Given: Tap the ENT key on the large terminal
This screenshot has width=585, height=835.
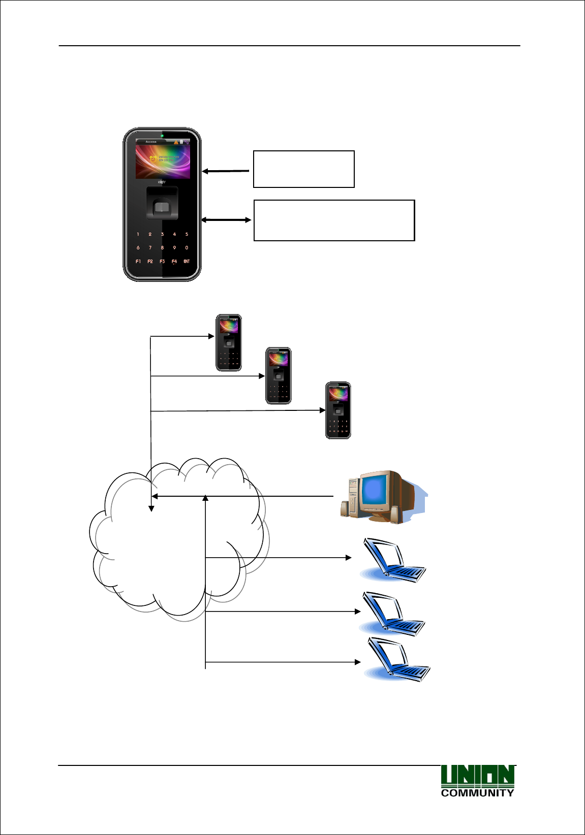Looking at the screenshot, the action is (x=187, y=262).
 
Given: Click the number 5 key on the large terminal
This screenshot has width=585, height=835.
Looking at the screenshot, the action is (x=187, y=234).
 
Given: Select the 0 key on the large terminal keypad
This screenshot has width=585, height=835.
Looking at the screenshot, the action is (x=187, y=248).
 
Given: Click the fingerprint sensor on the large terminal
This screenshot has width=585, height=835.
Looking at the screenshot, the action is (x=162, y=207).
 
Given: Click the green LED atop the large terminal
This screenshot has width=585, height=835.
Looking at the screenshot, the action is (x=162, y=136).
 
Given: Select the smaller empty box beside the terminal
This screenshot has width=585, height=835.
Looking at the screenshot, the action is (x=304, y=169).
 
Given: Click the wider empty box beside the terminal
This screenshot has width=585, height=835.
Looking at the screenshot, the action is (x=334, y=220).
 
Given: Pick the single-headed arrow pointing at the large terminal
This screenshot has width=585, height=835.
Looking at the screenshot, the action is (x=226, y=171).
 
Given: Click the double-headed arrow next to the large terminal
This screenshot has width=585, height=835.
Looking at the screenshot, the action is (x=226, y=220).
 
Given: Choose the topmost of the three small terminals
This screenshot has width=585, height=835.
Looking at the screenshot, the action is (x=229, y=343).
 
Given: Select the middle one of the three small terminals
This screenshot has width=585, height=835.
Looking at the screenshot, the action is (x=279, y=376).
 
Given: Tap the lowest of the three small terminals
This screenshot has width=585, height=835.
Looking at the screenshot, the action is (x=338, y=410).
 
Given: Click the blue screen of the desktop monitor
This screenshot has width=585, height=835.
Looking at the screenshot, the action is (x=375, y=490).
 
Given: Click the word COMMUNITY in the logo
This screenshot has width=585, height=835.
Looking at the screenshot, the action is (x=477, y=793).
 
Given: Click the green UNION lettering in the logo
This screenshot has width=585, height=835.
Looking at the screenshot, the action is (x=477, y=776).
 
